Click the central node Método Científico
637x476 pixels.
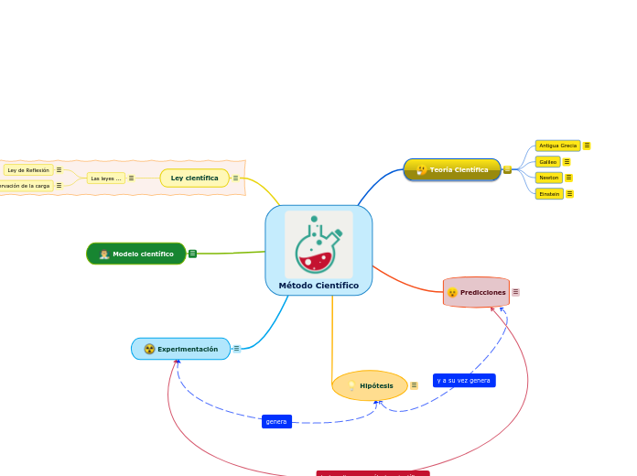(x=318, y=286)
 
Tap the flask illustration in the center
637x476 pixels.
(x=318, y=243)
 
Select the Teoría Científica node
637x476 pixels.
(x=452, y=169)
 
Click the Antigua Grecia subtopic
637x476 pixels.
(x=557, y=146)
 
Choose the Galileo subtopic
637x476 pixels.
(x=548, y=162)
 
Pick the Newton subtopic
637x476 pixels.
(x=549, y=178)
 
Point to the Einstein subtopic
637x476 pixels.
(x=549, y=194)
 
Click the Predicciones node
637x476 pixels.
(x=476, y=292)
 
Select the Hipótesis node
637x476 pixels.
(x=370, y=385)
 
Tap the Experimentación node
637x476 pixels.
(x=180, y=349)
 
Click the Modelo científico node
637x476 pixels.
(x=136, y=254)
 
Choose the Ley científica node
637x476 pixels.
(x=194, y=178)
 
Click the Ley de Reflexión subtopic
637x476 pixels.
(x=28, y=170)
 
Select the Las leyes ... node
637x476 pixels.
(x=105, y=178)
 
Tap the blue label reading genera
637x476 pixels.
(x=276, y=422)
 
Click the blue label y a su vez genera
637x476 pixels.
(x=464, y=380)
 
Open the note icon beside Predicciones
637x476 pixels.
(x=515, y=292)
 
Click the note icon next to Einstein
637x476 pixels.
(x=569, y=194)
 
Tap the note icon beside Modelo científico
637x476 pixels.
(x=192, y=254)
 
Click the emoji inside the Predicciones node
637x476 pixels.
(x=452, y=293)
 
